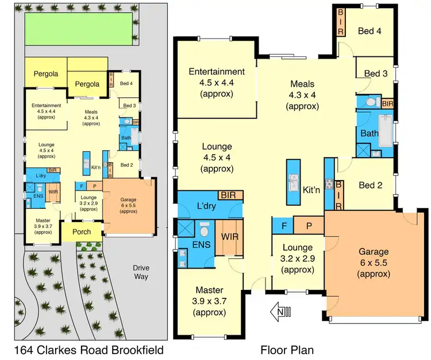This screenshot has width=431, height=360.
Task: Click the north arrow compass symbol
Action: (x=281, y=313)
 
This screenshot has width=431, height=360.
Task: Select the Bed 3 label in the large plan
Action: (x=376, y=74)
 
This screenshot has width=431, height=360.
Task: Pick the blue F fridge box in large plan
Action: (x=283, y=225)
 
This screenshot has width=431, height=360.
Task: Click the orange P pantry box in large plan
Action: (x=309, y=225)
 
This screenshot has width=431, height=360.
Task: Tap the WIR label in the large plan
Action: (x=230, y=237)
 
